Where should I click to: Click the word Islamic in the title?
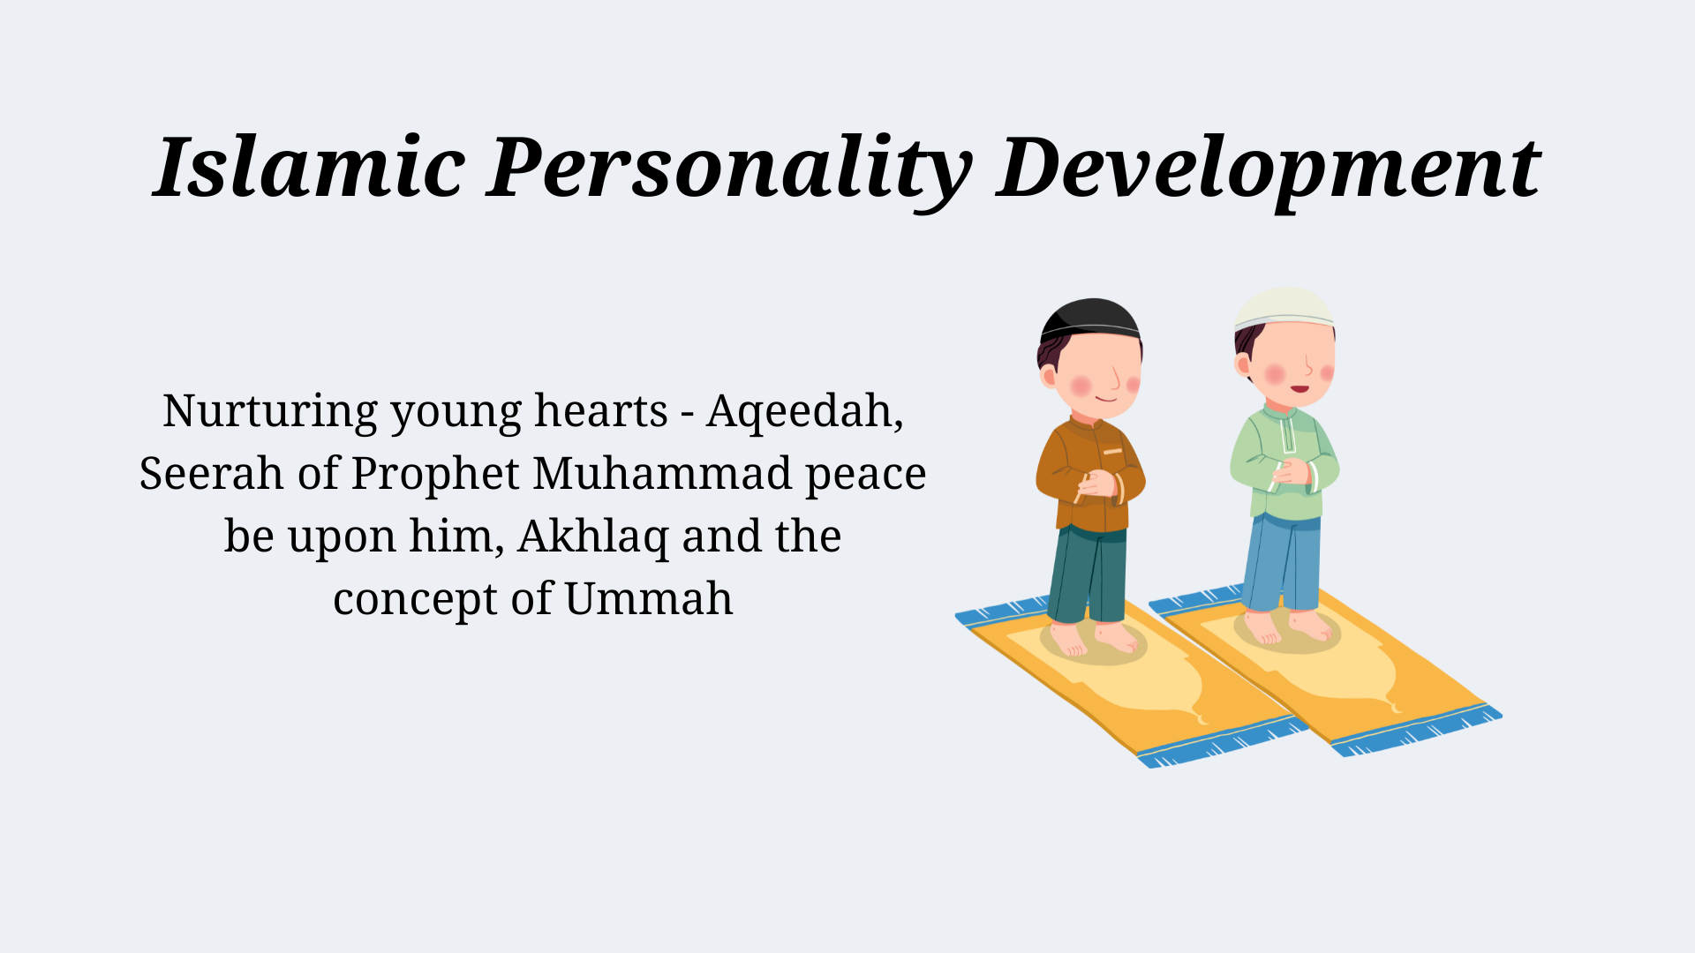pyautogui.click(x=309, y=168)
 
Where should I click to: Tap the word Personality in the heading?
pyautogui.click(x=729, y=168)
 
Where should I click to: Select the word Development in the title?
pyautogui.click(x=1268, y=168)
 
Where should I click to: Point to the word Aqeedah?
pyautogui.click(x=803, y=411)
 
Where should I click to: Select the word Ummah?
pyautogui.click(x=648, y=599)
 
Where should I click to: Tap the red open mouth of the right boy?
pyautogui.click(x=1299, y=388)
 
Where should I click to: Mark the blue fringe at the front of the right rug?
pyautogui.click(x=1417, y=733)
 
